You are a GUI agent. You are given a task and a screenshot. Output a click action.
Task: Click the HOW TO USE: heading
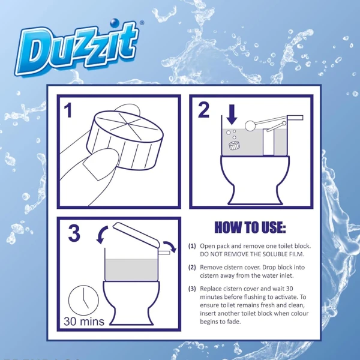pyautogui.click(x=250, y=228)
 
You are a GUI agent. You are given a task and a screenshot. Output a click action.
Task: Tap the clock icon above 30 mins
pyautogui.click(x=80, y=300)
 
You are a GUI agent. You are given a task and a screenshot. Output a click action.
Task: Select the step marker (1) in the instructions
pyautogui.click(x=192, y=247)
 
